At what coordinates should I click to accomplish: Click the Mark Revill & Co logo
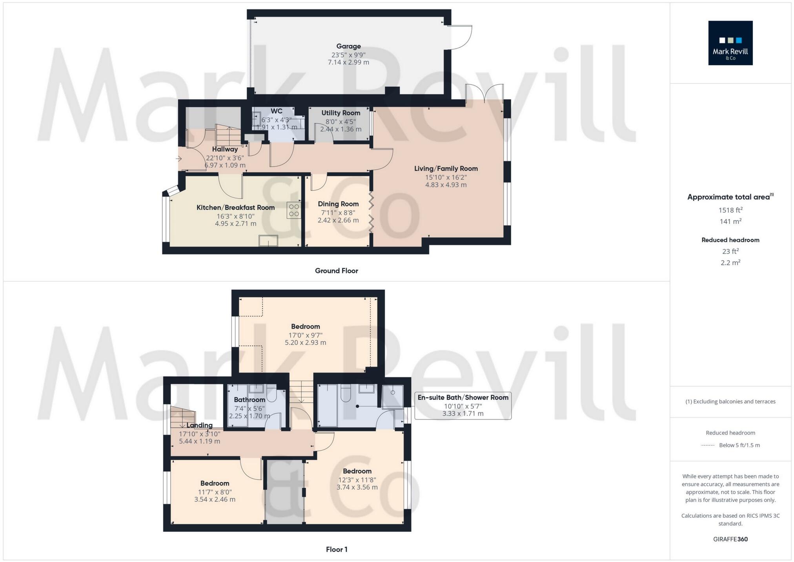(730, 43)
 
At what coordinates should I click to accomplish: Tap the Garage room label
(348, 46)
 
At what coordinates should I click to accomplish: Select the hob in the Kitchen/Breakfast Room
(294, 210)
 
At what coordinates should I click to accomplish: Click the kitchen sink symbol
(268, 241)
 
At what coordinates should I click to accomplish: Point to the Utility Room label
(341, 113)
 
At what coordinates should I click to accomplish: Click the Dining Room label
(338, 204)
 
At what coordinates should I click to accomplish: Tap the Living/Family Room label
(446, 169)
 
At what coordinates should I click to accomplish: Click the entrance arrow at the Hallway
(178, 159)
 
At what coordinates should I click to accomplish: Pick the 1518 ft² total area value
(730, 210)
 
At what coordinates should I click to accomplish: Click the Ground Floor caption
(336, 271)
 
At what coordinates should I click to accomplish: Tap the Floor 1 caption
(336, 549)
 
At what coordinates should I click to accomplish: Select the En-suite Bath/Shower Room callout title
(463, 398)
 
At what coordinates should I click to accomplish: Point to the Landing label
(199, 425)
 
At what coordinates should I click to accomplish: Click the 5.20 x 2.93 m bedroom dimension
(305, 343)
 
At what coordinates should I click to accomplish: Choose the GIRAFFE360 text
(730, 539)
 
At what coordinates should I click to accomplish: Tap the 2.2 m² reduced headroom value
(730, 263)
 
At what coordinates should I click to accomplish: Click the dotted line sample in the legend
(707, 445)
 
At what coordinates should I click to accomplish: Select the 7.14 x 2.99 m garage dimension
(348, 62)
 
